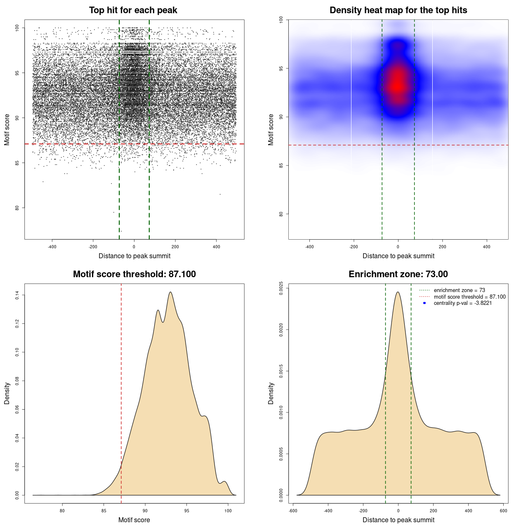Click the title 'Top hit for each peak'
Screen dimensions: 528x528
(x=133, y=10)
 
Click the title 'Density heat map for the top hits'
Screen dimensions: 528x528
(x=398, y=10)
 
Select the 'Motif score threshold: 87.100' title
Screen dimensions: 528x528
(x=134, y=274)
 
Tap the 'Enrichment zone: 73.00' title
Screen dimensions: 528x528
(x=398, y=274)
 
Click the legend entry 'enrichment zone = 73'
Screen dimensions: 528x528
(x=459, y=290)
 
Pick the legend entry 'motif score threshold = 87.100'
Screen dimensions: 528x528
(x=469, y=297)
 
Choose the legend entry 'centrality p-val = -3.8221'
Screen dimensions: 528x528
(x=462, y=303)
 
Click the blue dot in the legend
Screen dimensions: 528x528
(x=424, y=303)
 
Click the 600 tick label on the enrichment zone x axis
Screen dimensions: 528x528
(x=503, y=511)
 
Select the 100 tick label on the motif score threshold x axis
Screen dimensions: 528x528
(x=228, y=511)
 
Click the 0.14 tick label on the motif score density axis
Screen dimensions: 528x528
(x=17, y=295)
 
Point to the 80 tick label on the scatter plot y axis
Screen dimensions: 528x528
(x=17, y=208)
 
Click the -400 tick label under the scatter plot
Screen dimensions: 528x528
(x=52, y=247)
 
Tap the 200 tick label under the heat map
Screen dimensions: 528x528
(x=442, y=247)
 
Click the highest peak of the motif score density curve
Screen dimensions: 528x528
(x=170, y=292)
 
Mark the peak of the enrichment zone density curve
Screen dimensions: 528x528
(x=398, y=292)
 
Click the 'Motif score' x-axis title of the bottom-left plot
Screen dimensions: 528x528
(x=134, y=520)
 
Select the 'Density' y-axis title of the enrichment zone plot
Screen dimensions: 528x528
(x=271, y=393)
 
